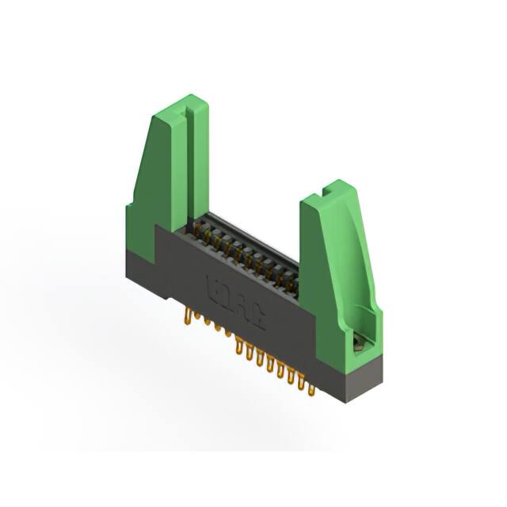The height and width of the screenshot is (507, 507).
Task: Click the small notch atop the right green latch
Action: click(x=326, y=190)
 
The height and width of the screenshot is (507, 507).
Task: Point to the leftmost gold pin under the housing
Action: click(x=188, y=318)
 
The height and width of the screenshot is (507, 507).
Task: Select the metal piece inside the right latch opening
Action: click(x=360, y=342)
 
